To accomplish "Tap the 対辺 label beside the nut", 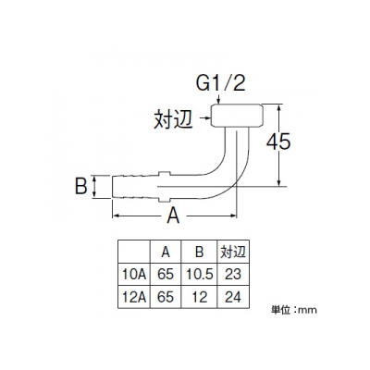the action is tap(173, 119).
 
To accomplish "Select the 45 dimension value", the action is tap(278, 142).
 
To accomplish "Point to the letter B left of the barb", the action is tap(81, 186).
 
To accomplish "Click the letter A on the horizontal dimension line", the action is tap(173, 216).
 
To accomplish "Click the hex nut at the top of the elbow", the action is tap(237, 116).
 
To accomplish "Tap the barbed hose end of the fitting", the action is tap(135, 187).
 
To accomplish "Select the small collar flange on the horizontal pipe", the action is tap(164, 187).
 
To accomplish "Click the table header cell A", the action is tap(166, 253).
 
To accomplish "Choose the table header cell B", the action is tap(200, 253).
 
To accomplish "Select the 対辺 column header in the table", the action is tap(233, 252).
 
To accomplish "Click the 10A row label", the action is tap(134, 274).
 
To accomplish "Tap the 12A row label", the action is tap(134, 297).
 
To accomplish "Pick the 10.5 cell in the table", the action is tap(200, 274).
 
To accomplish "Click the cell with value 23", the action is tap(233, 274).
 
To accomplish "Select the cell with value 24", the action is tap(233, 297).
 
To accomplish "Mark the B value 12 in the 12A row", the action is tap(200, 297).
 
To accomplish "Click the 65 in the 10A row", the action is tap(166, 274).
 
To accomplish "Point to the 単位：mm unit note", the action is tap(294, 310).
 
